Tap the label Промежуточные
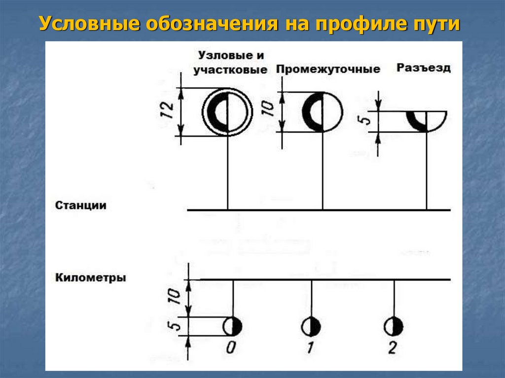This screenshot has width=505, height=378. pos(328,69)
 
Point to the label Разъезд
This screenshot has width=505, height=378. pos(424,68)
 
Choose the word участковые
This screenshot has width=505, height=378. pos(230,69)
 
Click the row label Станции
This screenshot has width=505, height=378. pos(81,205)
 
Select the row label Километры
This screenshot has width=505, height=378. pos(91,278)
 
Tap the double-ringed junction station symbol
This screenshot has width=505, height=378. pos(227,111)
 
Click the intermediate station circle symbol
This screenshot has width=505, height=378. pos(322,112)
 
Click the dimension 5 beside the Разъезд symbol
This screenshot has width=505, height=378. pos(365,120)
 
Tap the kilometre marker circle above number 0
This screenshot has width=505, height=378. pos(232,326)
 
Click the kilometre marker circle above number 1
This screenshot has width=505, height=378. pos(311,326)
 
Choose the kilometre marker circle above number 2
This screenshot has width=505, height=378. pos(394,326)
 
